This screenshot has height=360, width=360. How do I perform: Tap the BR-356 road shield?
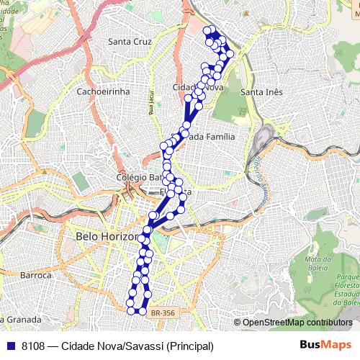click(x=163, y=312)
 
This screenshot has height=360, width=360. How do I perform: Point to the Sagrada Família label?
click(x=209, y=135)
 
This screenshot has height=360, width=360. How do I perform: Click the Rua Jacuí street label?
click(x=152, y=103)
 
